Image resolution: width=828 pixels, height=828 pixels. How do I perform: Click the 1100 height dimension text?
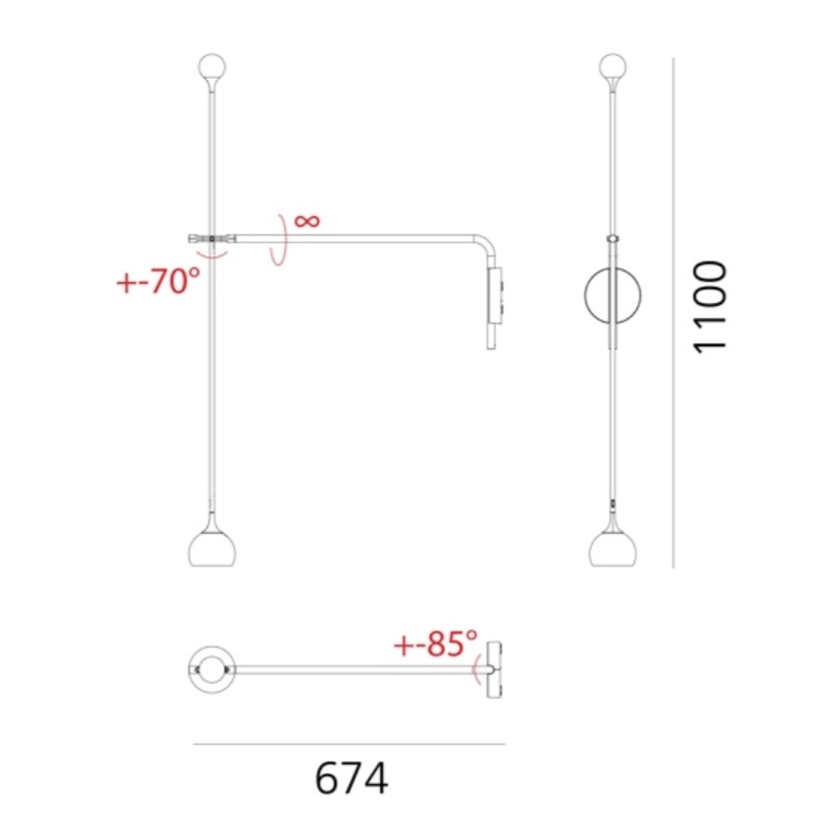[x=710, y=305]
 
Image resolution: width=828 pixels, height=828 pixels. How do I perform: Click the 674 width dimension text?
[x=351, y=778]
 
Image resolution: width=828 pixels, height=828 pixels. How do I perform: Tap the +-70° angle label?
[x=159, y=282]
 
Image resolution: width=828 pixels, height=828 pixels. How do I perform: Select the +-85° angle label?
[x=435, y=644]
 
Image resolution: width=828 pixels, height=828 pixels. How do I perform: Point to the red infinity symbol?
[x=307, y=219]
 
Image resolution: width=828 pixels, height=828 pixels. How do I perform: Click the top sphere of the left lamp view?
[x=211, y=69]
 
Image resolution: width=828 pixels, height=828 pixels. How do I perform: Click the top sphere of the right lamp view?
[x=612, y=69]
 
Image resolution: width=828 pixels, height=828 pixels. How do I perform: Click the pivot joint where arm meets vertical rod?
[x=210, y=238]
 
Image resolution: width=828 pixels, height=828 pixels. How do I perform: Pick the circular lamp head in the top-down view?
[x=211, y=667]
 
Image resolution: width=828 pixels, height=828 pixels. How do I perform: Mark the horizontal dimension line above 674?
[x=349, y=743]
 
